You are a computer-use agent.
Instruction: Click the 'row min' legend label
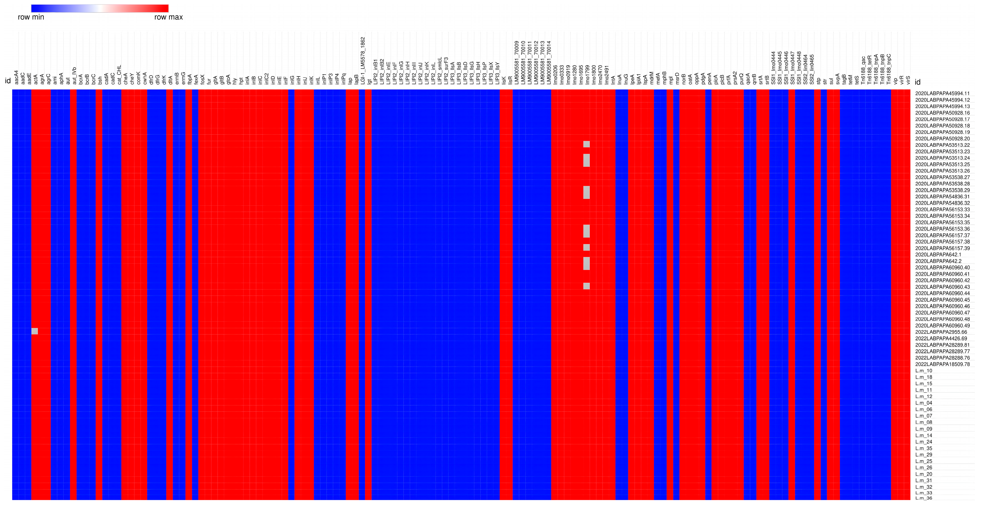pyautogui.click(x=31, y=17)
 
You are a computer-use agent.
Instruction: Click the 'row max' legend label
pyautogui.click(x=168, y=17)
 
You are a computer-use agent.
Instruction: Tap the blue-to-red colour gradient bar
pyautogui.click(x=100, y=8)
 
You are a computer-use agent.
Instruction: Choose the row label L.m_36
pyautogui.click(x=924, y=498)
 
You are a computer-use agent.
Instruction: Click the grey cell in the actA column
pyautogui.click(x=35, y=331)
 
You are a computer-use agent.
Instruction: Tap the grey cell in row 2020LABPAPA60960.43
pyautogui.click(x=586, y=286)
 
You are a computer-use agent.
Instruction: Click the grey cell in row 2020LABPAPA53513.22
pyautogui.click(x=586, y=144)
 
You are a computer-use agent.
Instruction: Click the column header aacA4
pyautogui.click(x=16, y=77)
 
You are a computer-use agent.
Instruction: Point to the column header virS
pyautogui.click(x=908, y=80)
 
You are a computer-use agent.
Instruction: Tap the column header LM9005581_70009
pyautogui.click(x=517, y=63)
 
